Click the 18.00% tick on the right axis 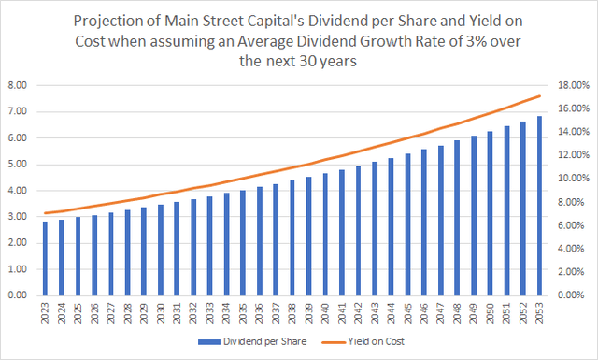click(572, 85)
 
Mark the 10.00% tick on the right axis click(572, 179)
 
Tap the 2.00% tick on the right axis click(572, 272)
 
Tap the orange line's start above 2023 click(44, 213)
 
